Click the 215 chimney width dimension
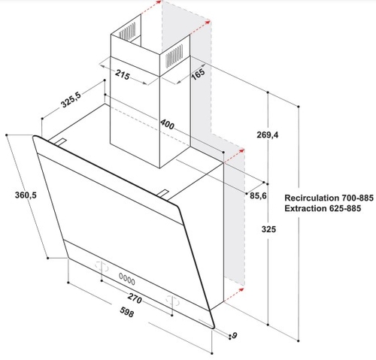click(123, 74)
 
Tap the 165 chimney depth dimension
click(198, 74)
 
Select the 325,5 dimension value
click(71, 100)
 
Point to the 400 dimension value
click(167, 124)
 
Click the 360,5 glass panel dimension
click(26, 195)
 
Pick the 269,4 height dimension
click(268, 135)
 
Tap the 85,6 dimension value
click(258, 195)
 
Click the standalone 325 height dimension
click(268, 229)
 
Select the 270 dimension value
click(135, 298)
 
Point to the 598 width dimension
click(127, 312)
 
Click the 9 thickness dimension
click(235, 335)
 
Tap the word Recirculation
click(311, 198)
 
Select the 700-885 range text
click(357, 198)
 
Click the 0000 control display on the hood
click(127, 279)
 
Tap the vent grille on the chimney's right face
click(174, 56)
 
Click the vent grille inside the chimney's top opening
click(127, 31)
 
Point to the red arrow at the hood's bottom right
click(234, 295)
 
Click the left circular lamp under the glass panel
click(102, 266)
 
